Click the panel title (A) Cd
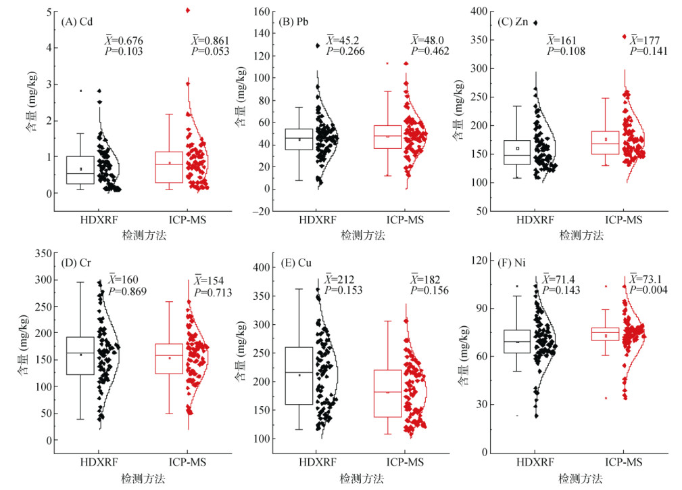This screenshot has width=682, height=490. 77,21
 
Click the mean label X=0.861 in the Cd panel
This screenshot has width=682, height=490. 210,41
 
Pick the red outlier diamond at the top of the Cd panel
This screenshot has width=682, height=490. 188,10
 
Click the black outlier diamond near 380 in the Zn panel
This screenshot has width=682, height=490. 536,23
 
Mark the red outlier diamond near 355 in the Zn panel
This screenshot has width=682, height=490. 624,37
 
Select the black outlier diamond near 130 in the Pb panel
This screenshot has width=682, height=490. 317,46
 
